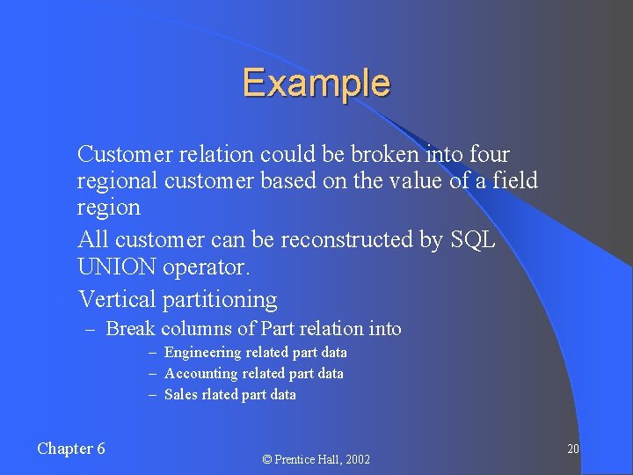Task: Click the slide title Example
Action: (316, 83)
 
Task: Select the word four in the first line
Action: (489, 155)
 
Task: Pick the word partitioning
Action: (220, 301)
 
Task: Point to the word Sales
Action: (181, 395)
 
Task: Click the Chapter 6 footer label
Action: (71, 449)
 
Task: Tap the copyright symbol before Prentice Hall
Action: (267, 460)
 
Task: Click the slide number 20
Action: (572, 449)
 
